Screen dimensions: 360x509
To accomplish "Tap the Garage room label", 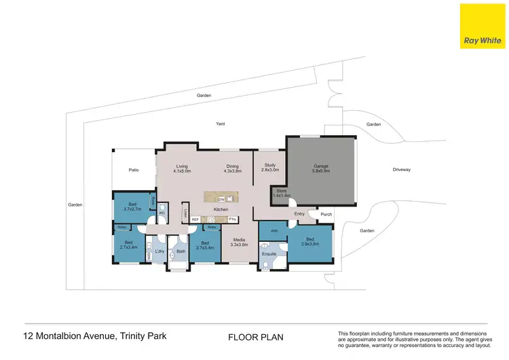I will [x=320, y=166].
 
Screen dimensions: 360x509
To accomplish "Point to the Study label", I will [x=269, y=165].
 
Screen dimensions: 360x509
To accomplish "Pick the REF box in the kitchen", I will [x=195, y=219].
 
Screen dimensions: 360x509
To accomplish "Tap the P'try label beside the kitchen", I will [x=232, y=219].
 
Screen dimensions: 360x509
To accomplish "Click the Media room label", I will [x=239, y=240].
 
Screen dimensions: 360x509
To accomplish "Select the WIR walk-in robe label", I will [x=274, y=232].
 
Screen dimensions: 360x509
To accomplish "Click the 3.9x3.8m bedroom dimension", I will [x=309, y=244].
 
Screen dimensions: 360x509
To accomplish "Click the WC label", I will [x=162, y=213].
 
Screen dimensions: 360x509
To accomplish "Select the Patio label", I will [x=134, y=170].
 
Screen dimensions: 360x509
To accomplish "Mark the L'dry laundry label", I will [x=159, y=252].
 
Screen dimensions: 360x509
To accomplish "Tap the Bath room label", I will [x=181, y=252].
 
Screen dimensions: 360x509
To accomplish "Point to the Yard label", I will [x=220, y=124].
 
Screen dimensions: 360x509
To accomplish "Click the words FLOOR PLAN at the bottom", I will [x=255, y=337].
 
